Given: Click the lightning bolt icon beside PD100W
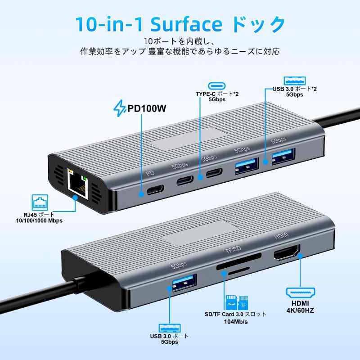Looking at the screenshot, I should pos(119,109).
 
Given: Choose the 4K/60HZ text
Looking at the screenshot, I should pos(300,310).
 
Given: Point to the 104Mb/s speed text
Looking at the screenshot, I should pos(236,323).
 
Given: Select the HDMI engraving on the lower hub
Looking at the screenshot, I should pos(281,237).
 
